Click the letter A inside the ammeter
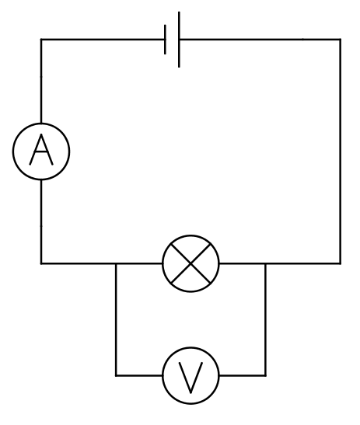coord(41,150)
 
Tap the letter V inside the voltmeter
coord(190,378)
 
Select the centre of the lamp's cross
coord(190,263)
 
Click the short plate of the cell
coord(165,40)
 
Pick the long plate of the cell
coord(179,40)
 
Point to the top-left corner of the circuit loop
coord(41,40)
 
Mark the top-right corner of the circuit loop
coord(341,40)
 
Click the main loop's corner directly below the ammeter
coord(41,263)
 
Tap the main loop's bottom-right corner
coord(341,263)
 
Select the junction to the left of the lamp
coord(116,263)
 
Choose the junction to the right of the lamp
coord(265,263)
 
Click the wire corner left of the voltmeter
coord(116,375)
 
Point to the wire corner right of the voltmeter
coord(265,375)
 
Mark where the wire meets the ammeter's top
coord(41,124)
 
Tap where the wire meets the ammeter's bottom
coord(41,179)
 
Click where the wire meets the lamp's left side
coord(163,263)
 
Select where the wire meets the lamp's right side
coord(219,263)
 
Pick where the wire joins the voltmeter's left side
coord(163,375)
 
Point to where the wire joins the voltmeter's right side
coord(219,375)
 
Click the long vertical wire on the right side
coord(341,152)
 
